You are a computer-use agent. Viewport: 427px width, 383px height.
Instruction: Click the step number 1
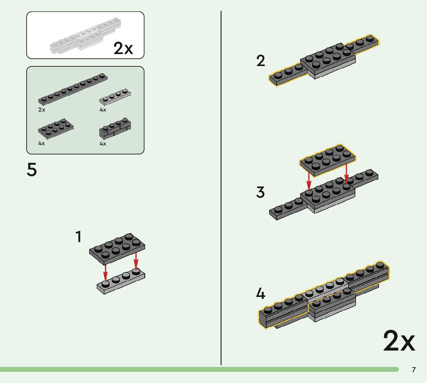(x=78, y=237)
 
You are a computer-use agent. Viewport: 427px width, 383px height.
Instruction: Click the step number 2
(x=261, y=61)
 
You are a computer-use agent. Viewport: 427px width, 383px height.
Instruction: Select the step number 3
(x=261, y=192)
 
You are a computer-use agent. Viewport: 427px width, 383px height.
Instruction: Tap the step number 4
(x=261, y=294)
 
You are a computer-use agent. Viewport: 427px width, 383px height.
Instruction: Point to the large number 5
(x=32, y=170)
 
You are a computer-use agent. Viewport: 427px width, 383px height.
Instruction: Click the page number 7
(x=413, y=370)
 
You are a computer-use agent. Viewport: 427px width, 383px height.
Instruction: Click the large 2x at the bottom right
(x=399, y=341)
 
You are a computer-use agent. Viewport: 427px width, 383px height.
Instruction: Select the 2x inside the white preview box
(x=123, y=49)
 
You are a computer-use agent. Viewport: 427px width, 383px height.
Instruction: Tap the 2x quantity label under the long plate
(x=42, y=110)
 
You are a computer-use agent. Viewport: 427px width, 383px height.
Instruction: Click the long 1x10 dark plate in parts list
(x=73, y=88)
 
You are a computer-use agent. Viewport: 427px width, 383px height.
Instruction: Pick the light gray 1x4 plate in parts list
(x=115, y=97)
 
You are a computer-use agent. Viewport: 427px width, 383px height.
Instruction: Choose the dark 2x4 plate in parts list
(x=56, y=128)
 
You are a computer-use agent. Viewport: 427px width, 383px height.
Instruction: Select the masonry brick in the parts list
(x=115, y=129)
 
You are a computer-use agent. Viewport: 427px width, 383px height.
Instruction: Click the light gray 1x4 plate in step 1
(x=121, y=280)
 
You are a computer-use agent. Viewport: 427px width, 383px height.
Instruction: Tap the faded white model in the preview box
(x=83, y=37)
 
